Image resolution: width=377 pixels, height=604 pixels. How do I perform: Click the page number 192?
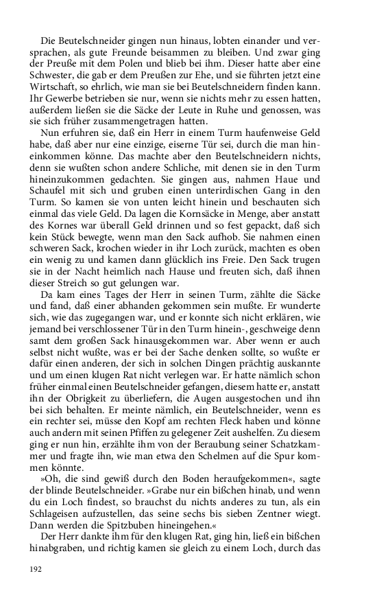tap(36, 568)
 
